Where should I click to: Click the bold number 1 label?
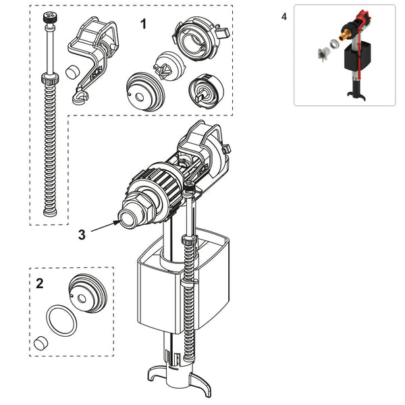pyautogui.click(x=143, y=24)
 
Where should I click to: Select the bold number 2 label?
pyautogui.click(x=39, y=283)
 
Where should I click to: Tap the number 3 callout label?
pyautogui.click(x=82, y=234)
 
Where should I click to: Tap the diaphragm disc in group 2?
pyautogui.click(x=88, y=294)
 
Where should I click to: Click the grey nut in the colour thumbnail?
pyautogui.click(x=323, y=51)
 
